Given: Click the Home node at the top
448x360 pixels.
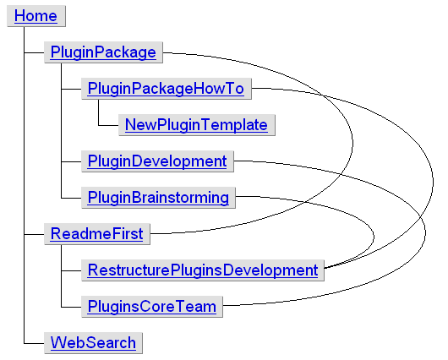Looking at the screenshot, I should point(36,16).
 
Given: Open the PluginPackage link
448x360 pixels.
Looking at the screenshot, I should point(102,52).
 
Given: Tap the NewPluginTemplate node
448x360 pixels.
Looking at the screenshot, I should point(196,125).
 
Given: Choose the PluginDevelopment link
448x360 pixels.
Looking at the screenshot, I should point(156,161).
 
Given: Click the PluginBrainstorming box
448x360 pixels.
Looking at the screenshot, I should point(158,198).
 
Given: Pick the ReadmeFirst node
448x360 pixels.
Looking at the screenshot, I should point(96,233).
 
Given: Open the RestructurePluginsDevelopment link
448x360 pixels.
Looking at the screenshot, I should point(202,270).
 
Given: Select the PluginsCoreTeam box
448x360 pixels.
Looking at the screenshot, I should point(151,306).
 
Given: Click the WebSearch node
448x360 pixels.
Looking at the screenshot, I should point(92,342).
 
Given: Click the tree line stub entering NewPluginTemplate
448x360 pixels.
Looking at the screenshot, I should point(108,125).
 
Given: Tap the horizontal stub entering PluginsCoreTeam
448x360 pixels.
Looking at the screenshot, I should point(71,306).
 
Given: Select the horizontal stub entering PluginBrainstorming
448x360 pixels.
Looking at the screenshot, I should point(71,198).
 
